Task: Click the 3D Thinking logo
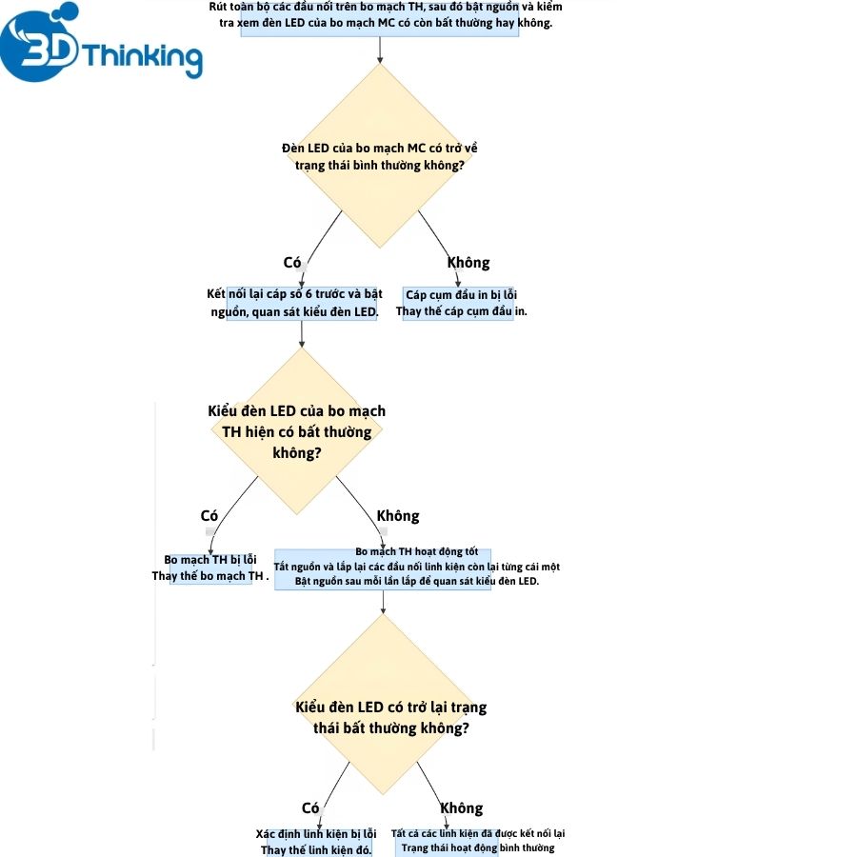pos(101,43)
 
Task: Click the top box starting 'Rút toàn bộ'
pos(380,18)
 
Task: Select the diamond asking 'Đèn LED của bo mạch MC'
pos(380,156)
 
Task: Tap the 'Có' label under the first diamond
pos(292,263)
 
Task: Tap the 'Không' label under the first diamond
pos(468,263)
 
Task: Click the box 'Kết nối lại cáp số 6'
pos(302,304)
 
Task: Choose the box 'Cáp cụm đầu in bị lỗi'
pos(458,304)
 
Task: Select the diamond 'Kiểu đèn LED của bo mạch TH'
pos(297,431)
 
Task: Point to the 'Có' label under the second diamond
pos(209,516)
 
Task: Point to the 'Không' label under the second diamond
pos(398,516)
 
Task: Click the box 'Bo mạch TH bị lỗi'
pos(211,568)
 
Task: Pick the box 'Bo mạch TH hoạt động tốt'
pos(383,569)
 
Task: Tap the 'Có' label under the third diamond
pos(310,807)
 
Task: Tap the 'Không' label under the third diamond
pos(462,807)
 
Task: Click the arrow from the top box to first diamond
pos(380,50)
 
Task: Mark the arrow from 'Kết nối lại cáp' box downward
pos(302,334)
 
